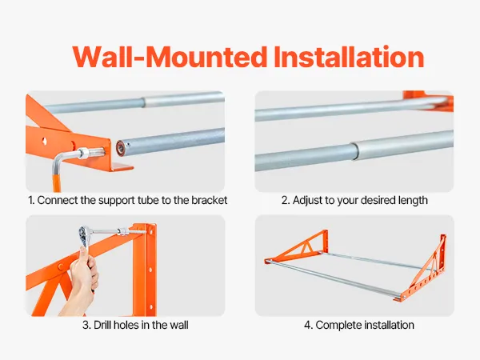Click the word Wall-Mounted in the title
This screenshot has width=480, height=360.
pos(170,57)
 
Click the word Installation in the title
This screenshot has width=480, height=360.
pos(349,57)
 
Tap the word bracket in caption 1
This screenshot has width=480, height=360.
pos(210,200)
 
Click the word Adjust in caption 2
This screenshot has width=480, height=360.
pos(307,200)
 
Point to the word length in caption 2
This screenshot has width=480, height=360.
pos(413,200)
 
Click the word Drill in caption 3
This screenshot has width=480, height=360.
pos(103,325)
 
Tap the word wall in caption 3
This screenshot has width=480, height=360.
pos(177,325)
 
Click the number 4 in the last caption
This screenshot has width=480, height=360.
pos(307,325)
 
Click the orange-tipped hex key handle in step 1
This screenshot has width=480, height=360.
pos(57,183)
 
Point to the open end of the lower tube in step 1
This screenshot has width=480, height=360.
pos(121,148)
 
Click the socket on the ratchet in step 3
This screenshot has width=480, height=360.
pos(122,232)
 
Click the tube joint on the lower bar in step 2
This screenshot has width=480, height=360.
pos(354,150)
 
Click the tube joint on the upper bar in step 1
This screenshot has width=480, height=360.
pos(144,102)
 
